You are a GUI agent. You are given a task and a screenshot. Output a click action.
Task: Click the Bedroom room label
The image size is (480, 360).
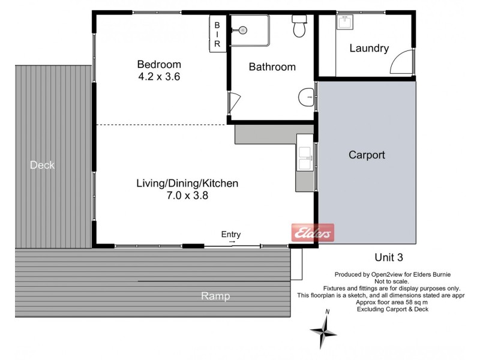(x=159, y=64)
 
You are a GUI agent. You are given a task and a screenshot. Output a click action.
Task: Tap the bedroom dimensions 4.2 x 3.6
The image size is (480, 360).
(x=159, y=76)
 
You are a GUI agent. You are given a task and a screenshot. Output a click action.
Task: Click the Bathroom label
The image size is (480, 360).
(x=272, y=67)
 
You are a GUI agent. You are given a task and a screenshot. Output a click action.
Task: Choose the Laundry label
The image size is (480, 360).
(x=369, y=49)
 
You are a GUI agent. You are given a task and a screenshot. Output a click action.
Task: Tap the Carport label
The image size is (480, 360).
(x=367, y=155)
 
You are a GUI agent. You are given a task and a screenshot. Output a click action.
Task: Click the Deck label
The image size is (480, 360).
(x=42, y=165)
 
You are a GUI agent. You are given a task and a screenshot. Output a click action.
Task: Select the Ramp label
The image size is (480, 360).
(x=215, y=296)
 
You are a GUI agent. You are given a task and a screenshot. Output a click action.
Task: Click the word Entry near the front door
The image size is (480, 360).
(x=231, y=234)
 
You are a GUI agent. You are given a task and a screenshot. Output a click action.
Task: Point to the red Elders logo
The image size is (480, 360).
(x=312, y=233)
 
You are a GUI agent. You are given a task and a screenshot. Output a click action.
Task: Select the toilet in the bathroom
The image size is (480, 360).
(x=299, y=27)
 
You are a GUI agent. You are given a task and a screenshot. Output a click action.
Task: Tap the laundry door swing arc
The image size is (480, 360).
(x=401, y=63)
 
